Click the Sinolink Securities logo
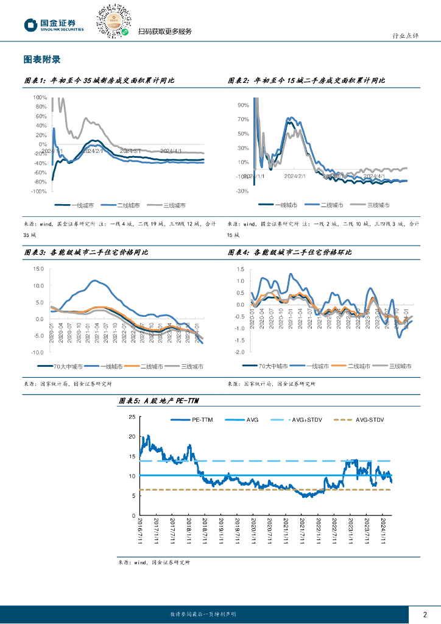54,24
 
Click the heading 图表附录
41,60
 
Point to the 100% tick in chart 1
40,97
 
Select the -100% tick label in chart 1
39,191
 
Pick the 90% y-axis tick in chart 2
243,105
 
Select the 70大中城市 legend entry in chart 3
60,367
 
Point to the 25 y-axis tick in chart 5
132,417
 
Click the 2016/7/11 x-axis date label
141,531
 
